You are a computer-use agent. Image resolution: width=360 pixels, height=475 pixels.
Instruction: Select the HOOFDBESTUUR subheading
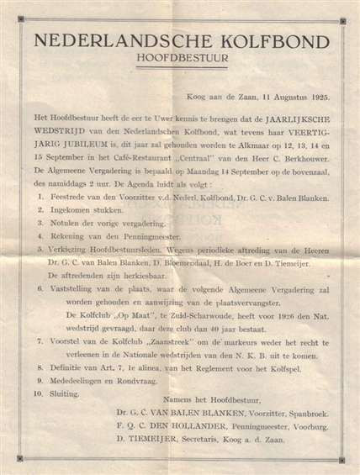tap(179, 59)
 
